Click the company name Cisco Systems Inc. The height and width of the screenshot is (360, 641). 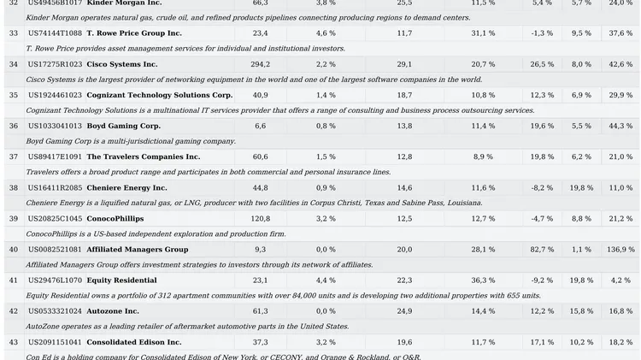pos(121,64)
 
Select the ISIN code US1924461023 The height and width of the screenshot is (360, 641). pos(55,95)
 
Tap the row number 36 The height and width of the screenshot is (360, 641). pos(14,126)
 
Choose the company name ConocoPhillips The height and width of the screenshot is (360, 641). pos(115,218)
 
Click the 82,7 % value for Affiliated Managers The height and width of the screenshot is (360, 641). pos(541,249)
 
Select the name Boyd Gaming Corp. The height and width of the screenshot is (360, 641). pos(123,126)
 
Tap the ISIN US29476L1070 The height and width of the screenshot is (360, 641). pos(55,280)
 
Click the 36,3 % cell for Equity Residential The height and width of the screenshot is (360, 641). pos(483,280)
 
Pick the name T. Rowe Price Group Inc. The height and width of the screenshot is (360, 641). pos(134,33)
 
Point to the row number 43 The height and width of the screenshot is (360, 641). pos(14,341)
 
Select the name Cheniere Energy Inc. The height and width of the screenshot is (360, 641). pos(126,187)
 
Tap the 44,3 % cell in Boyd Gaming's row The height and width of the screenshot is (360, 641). pos(621,126)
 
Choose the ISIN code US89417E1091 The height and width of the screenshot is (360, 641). pos(55,156)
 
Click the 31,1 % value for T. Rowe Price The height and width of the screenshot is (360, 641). pos(483,33)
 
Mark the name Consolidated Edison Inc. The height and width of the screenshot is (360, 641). pos(133,341)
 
